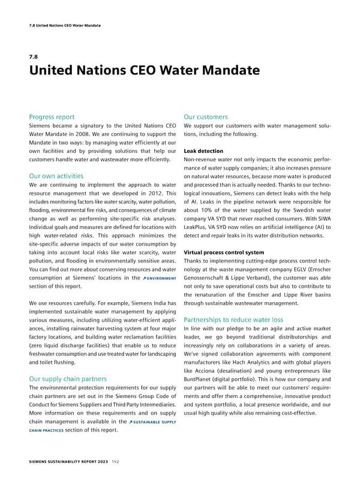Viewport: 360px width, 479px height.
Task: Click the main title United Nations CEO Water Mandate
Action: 144,71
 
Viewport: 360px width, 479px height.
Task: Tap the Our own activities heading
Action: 56,176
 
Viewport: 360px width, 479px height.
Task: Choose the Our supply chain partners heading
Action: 68,379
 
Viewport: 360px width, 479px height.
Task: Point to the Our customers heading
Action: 205,117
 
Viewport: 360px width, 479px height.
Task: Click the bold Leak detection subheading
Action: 203,151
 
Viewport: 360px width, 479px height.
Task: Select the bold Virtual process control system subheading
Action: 224,252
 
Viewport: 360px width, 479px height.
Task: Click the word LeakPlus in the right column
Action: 199,227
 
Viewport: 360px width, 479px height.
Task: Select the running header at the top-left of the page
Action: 65,25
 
